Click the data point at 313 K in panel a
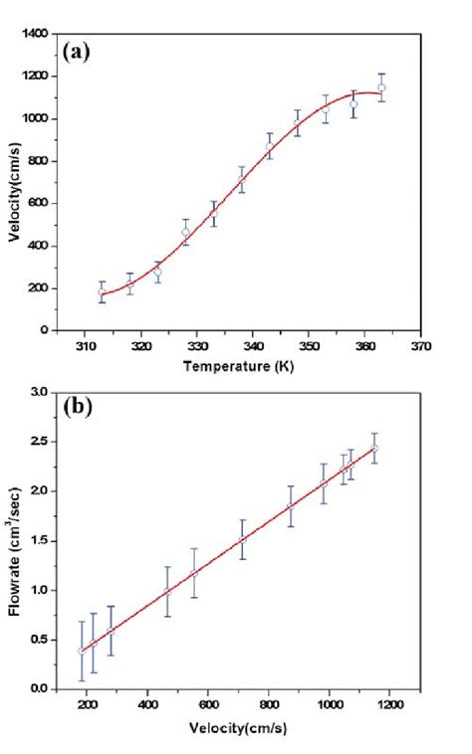(102, 292)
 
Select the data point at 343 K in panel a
(270, 147)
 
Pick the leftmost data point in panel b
(81, 651)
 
